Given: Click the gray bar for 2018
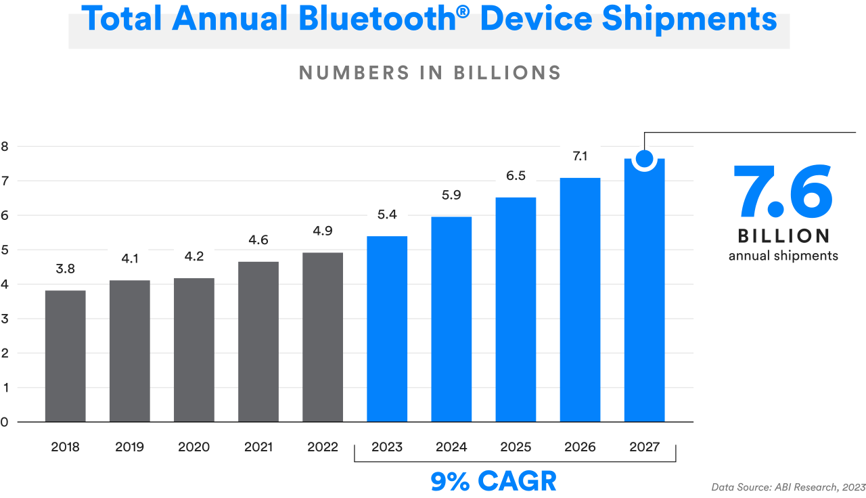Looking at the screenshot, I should coord(65,355).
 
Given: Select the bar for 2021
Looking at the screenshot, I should coord(258,341).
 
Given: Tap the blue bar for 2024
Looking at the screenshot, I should coord(451,319).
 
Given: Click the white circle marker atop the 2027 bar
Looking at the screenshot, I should coord(645,159).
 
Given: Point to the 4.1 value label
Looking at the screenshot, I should coord(129,257).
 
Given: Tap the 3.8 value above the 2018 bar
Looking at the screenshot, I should coord(65,269).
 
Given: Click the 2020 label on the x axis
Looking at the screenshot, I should coord(193,447).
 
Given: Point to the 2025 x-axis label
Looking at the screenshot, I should coord(516,447).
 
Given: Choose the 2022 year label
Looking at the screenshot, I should coord(323,447).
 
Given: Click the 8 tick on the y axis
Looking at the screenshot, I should coord(5,146).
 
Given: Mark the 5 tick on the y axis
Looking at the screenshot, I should coord(5,250).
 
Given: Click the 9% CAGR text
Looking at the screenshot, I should coord(493,481).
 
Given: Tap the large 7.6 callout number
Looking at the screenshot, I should coord(783,192).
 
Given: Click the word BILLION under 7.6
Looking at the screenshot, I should coord(783,236).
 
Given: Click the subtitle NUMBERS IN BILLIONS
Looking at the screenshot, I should coord(430,73).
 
